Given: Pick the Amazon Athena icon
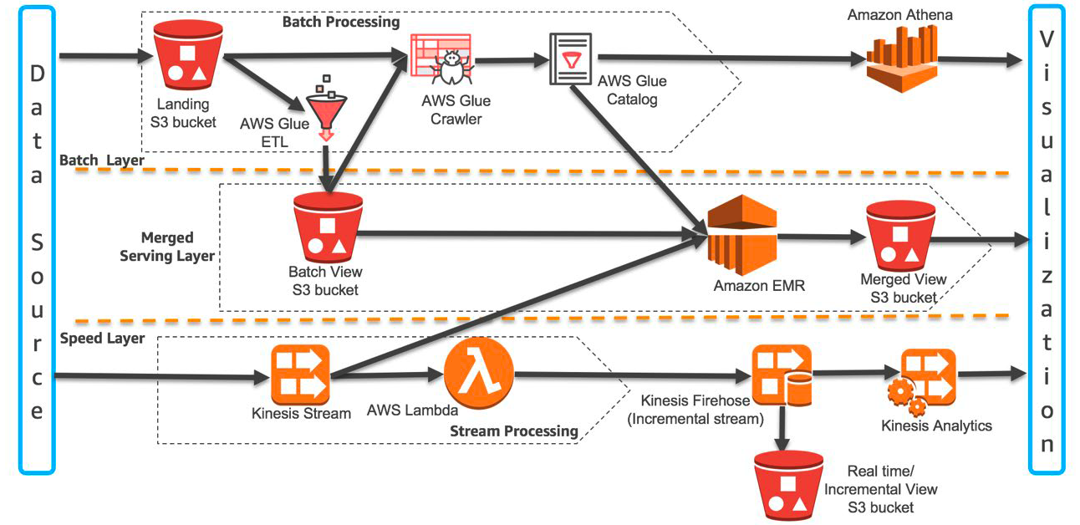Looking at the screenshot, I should coord(900,59).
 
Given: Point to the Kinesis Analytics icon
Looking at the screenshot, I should coord(924,381).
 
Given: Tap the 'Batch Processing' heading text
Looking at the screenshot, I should coord(340,21).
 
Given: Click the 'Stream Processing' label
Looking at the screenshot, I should coord(514,431).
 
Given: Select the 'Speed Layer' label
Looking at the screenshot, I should coord(103,339).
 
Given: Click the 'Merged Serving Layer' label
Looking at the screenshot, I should coord(167,247).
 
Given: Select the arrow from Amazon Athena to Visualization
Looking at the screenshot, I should coord(978,60).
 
